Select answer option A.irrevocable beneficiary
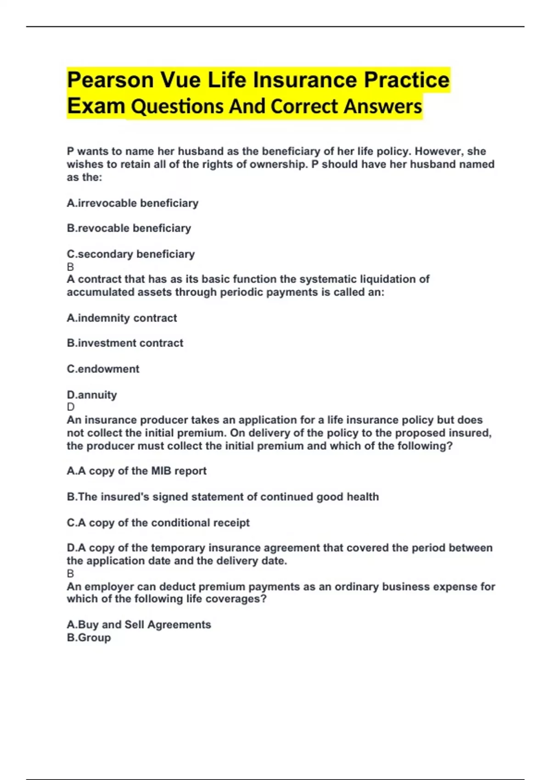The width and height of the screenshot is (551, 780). [x=132, y=203]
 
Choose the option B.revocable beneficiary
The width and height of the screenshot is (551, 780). [x=129, y=228]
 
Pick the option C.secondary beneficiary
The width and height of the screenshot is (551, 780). [x=130, y=254]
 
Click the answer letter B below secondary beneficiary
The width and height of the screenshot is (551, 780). [x=70, y=267]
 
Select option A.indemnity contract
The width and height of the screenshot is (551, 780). [x=122, y=318]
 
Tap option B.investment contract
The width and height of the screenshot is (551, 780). [x=125, y=343]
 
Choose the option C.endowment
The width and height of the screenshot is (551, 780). [x=103, y=369]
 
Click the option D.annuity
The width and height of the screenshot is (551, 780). [x=92, y=395]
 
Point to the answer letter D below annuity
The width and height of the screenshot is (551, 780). [x=70, y=407]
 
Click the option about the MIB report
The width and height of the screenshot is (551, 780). [x=136, y=471]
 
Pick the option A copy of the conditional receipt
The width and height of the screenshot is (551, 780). [x=158, y=523]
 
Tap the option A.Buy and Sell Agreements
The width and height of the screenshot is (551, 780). [x=139, y=624]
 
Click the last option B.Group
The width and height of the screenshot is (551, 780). [x=89, y=637]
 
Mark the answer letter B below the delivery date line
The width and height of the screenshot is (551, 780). [x=70, y=574]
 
